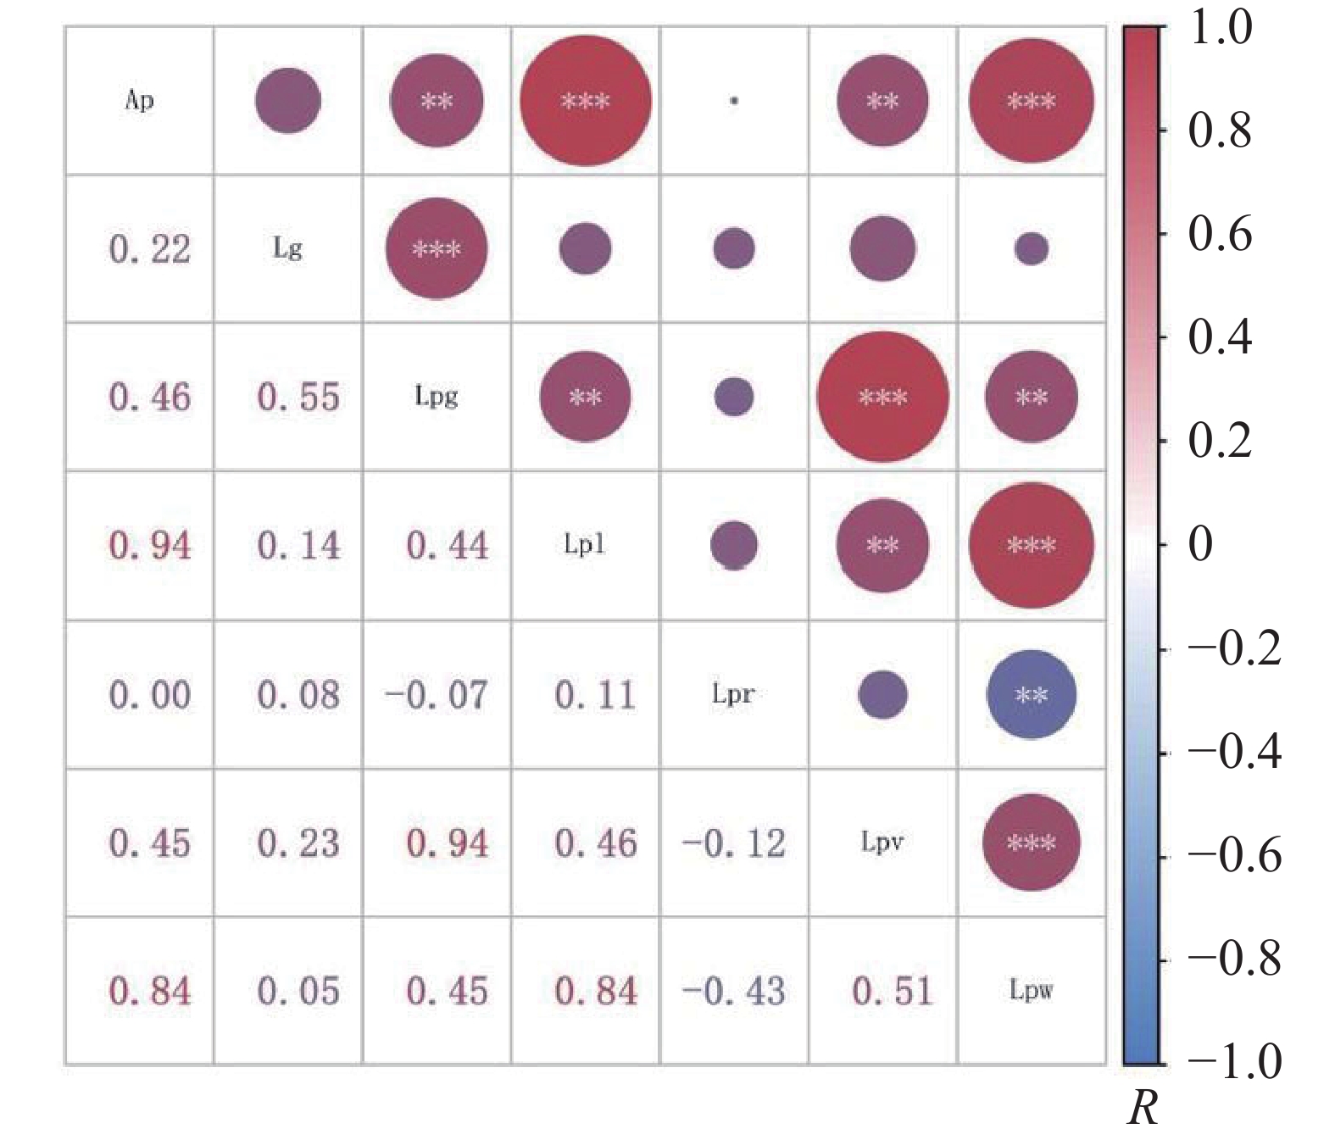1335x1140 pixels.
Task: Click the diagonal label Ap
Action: point(139,101)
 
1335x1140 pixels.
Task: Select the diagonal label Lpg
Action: point(437,396)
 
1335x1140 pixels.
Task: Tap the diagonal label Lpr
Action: point(733,694)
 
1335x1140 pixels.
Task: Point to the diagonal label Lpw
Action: point(1031,990)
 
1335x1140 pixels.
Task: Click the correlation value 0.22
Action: point(150,249)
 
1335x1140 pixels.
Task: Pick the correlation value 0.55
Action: point(298,397)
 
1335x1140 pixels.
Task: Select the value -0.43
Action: point(734,991)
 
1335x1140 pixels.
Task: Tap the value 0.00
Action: point(150,695)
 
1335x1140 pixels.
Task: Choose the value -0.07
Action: point(437,695)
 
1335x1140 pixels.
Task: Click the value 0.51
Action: point(893,991)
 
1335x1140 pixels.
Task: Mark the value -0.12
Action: point(734,843)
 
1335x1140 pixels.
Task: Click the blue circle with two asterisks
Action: point(1032,695)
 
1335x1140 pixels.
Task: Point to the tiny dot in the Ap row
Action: point(734,101)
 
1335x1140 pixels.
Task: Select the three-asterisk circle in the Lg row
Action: point(437,249)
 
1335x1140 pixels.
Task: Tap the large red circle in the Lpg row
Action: point(882,397)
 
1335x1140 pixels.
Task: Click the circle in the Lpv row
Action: point(1032,842)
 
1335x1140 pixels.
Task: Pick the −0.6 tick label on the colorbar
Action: point(1233,856)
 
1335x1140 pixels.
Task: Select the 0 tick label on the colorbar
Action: point(1200,544)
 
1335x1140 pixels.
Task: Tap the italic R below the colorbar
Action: point(1143,1107)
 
